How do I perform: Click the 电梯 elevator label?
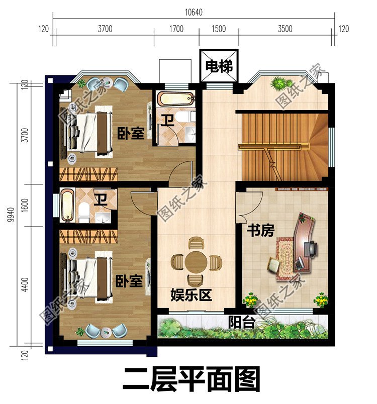click(219, 66)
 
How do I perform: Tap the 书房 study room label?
click(260, 231)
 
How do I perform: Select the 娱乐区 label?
click(191, 295)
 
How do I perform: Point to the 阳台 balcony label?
click(240, 322)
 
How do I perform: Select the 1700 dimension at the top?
click(176, 29)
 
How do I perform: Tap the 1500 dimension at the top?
click(219, 29)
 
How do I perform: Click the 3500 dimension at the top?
click(285, 29)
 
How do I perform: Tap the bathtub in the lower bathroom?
click(67, 205)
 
